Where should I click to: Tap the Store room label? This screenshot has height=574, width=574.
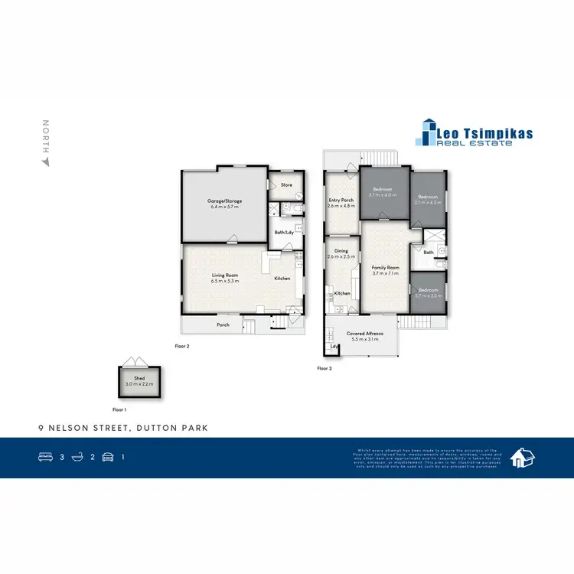point(286,184)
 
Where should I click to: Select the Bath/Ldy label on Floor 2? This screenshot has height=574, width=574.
point(284,232)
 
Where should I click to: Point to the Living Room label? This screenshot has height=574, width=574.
point(225,278)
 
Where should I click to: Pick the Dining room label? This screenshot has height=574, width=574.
point(341,253)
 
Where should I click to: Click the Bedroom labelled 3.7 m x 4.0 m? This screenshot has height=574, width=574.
point(383,191)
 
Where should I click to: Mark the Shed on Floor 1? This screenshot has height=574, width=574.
point(139,380)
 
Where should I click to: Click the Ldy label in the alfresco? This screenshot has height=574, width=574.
point(334,347)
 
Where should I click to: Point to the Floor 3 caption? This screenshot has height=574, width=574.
point(325,368)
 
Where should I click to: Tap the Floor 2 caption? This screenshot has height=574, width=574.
point(182,346)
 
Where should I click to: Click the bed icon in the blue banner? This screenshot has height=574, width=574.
point(44,457)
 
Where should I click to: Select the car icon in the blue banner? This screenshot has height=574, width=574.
point(108,457)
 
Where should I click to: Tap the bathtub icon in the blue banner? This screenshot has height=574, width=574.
point(77,457)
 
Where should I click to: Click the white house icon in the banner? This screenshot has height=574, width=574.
point(523,458)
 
